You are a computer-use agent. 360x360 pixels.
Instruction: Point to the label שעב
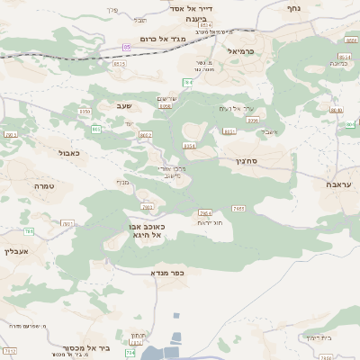pos(123,105)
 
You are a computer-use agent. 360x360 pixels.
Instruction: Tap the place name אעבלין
pos(18,252)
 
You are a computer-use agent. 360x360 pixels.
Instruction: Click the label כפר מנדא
pos(167,272)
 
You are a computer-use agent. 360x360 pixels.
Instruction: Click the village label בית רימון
pos(318,337)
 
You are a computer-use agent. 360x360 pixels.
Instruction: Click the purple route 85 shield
pos(127,46)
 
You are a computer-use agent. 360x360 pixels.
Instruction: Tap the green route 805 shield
pos(96,130)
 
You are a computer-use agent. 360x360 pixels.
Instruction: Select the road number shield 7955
pos(238,208)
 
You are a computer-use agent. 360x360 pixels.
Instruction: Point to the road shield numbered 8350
pos(85,111)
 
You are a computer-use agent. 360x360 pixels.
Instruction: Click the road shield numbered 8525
pos(120,64)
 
